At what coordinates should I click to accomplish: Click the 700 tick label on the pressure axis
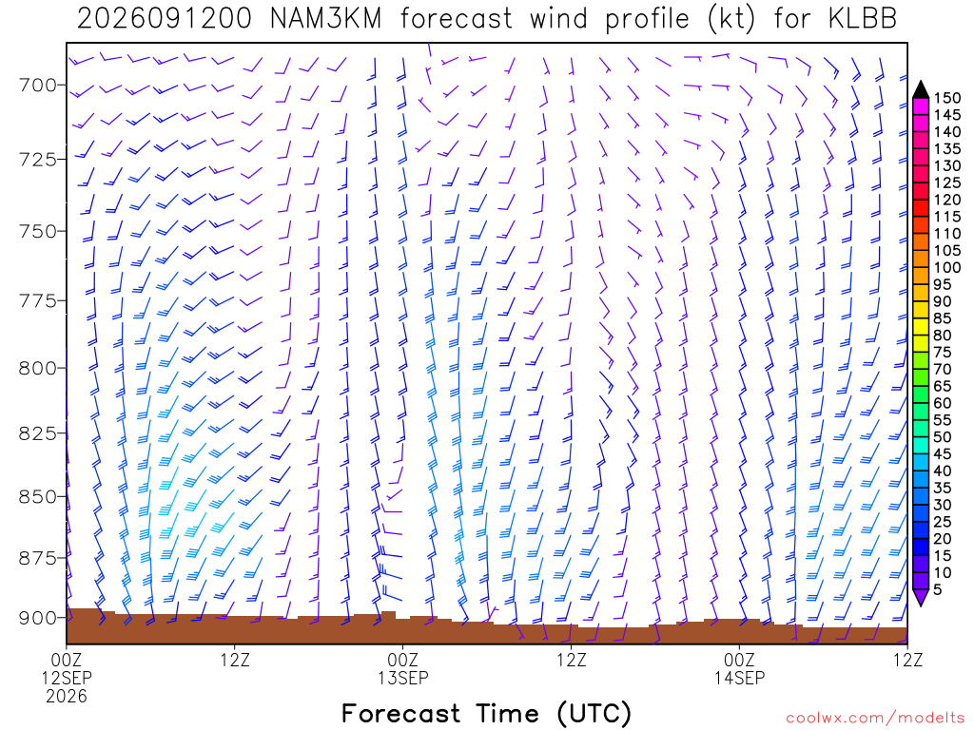(38, 85)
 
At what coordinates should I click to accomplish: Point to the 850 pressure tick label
(38, 497)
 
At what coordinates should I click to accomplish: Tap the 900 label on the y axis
(38, 618)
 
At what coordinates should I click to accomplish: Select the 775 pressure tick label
(38, 301)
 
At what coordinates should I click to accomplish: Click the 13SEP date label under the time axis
(403, 678)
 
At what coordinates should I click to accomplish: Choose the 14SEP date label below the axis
(739, 678)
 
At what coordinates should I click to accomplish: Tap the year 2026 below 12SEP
(67, 697)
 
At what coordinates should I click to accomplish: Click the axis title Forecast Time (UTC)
(486, 714)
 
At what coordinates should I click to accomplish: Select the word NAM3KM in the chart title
(326, 19)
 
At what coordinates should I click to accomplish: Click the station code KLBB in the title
(862, 19)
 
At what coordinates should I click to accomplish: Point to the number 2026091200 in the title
(165, 19)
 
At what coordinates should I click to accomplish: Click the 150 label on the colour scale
(947, 98)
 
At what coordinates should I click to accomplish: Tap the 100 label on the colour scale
(947, 267)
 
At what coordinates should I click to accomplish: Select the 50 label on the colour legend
(943, 437)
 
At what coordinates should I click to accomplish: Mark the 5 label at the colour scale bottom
(938, 589)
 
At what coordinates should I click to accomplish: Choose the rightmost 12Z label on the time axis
(907, 660)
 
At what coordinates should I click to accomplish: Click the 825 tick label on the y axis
(38, 433)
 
